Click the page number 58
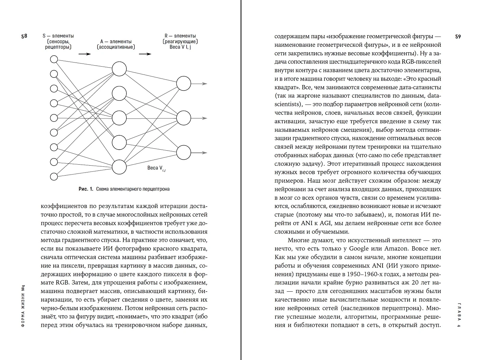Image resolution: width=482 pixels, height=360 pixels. point(24,36)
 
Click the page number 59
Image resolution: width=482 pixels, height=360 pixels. point(458,37)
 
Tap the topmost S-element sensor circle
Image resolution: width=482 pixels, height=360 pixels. point(54,59)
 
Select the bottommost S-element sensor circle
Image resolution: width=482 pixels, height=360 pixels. point(54,177)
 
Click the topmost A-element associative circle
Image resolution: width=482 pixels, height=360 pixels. point(119,69)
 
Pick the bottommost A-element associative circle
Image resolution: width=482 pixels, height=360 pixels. point(119,167)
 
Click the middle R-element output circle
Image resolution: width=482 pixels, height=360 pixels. point(184,118)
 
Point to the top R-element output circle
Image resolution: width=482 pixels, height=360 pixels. point(184,84)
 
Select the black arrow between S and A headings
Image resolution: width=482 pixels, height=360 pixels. point(84,54)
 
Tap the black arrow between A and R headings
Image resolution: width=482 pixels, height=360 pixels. point(145,54)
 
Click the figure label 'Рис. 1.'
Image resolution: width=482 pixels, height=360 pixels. point(85,189)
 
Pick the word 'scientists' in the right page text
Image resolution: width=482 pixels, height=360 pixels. point(288,104)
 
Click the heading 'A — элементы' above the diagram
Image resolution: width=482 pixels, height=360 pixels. point(116,41)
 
